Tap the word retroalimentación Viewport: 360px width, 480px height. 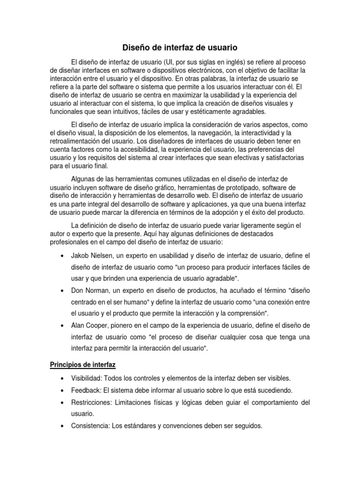77,141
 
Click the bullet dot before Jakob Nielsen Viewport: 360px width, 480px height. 63,256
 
